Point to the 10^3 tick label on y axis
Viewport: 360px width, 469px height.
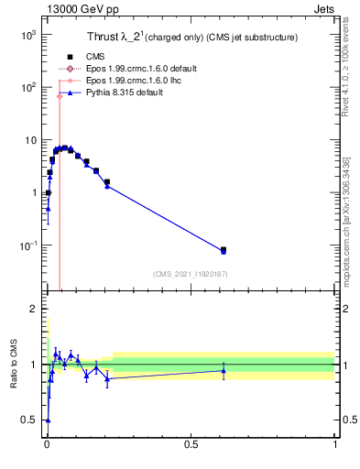click(x=25, y=34)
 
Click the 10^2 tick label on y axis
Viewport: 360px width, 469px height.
click(x=25, y=87)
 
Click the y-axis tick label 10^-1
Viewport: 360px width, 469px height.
click(x=25, y=245)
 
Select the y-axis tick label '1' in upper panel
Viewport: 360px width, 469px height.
click(x=32, y=192)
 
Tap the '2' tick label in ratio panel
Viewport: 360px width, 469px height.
click(x=32, y=309)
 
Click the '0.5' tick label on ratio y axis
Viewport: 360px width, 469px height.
click(x=28, y=420)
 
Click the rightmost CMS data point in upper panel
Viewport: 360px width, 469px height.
click(x=224, y=249)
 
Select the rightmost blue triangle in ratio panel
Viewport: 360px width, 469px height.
click(x=224, y=370)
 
